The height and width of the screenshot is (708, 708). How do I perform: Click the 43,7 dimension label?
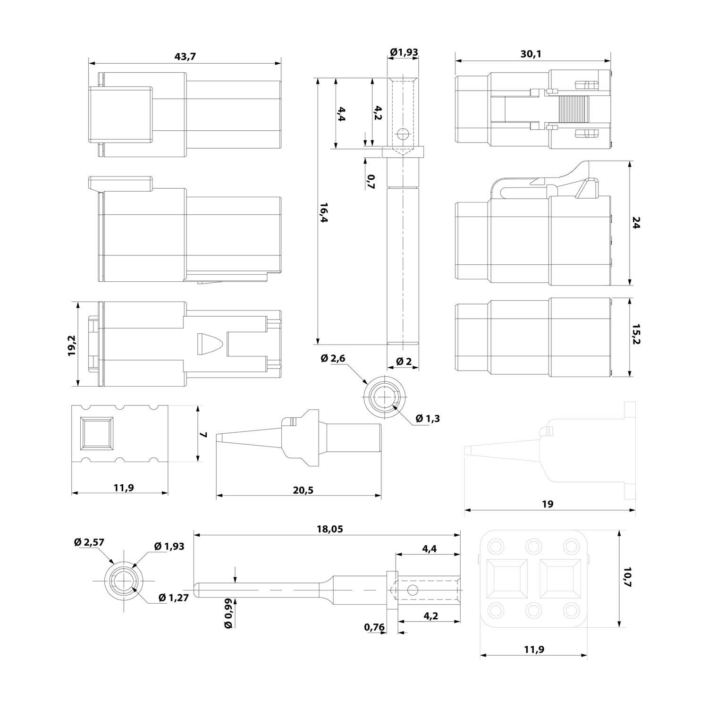tap(185, 57)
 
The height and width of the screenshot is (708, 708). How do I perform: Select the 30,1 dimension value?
tap(531, 54)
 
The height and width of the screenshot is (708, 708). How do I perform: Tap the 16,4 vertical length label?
tap(324, 213)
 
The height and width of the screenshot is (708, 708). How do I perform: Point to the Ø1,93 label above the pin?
tap(404, 52)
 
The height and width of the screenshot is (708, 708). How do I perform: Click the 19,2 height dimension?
tap(72, 346)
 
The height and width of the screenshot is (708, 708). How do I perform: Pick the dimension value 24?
tap(636, 223)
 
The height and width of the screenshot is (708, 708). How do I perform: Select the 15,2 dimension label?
tap(636, 335)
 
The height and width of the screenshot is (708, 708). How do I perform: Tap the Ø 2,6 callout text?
tap(333, 359)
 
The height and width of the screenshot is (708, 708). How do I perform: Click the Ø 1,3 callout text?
tap(428, 418)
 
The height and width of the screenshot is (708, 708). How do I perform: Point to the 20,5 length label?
tap(303, 490)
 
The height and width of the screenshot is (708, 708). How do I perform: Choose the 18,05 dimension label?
tap(329, 529)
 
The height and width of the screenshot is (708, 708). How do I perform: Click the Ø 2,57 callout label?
tap(90, 543)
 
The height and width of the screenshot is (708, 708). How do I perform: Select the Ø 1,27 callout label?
tap(174, 598)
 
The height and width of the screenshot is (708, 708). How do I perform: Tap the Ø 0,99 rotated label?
tap(228, 613)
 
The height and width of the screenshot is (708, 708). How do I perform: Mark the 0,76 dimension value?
tap(374, 627)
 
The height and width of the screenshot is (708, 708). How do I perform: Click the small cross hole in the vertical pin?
tap(402, 135)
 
